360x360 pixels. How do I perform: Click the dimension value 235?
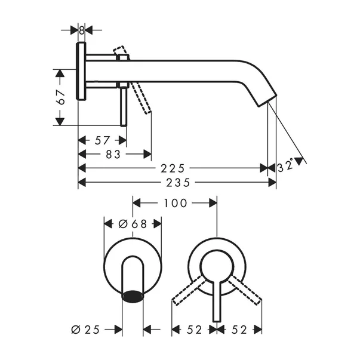tap(177, 181)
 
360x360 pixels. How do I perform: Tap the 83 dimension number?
tap(113, 154)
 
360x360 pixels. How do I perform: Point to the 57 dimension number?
tap(102, 140)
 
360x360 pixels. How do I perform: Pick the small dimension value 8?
tap(82, 29)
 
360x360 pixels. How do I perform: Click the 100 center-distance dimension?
tap(174, 203)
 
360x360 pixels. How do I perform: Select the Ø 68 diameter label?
tap(133, 224)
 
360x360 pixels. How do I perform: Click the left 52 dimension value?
tap(195, 329)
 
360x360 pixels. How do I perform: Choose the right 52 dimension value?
tap(239, 329)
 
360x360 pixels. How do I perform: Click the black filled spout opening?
tap(133, 295)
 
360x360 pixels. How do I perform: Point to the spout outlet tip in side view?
tap(267, 101)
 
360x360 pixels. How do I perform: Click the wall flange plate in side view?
tap(82, 71)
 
